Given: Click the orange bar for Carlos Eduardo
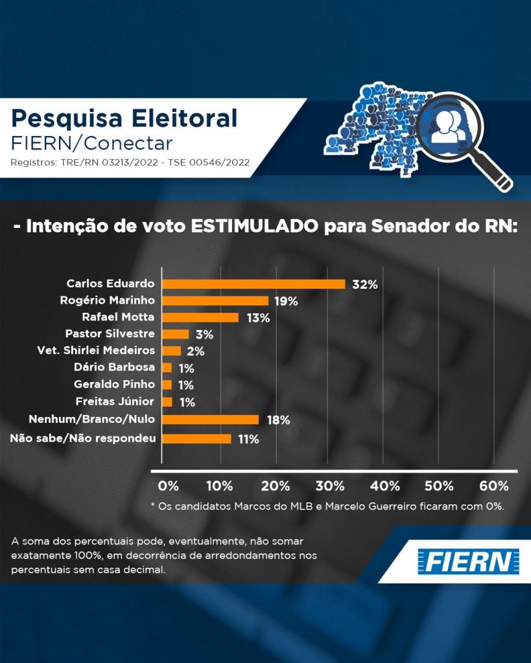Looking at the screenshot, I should (253, 284).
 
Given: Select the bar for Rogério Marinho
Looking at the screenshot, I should (215, 300).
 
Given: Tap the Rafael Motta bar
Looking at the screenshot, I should (200, 317).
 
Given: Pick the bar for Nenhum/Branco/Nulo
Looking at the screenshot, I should (210, 420).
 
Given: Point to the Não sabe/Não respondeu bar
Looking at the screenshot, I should (196, 439).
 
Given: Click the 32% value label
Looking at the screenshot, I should (364, 284).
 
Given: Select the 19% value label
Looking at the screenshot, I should (285, 301).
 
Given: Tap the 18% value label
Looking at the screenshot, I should (277, 420).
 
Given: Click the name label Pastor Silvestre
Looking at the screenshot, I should (110, 334).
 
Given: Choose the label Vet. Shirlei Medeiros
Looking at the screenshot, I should (96, 351).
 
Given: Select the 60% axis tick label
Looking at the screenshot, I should (494, 486).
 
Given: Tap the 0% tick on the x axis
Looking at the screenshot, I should (168, 486).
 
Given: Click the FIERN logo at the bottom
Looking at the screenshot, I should (467, 561).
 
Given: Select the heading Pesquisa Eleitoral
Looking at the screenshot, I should (124, 118).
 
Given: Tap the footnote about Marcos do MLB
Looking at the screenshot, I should (327, 506).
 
